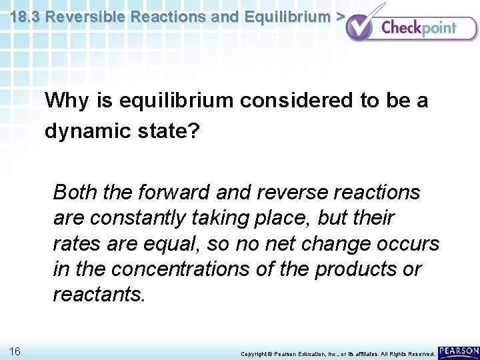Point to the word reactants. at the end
(99, 295)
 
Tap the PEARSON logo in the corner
(459, 351)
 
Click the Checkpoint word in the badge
(419, 27)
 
